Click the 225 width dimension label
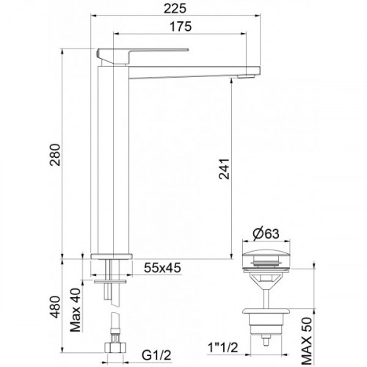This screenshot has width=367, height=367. coord(175,9)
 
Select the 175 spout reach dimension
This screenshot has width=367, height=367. coord(181,26)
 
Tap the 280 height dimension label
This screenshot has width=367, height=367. coord(55,155)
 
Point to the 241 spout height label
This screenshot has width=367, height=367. coord(224,169)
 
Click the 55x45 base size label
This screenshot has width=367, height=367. coord(162,268)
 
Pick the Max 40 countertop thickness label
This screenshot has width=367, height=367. coord(76,310)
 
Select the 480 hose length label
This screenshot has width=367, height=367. coord(55,307)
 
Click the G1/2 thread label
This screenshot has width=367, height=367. coord(156,355)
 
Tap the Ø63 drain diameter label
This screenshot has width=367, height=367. coord(266,234)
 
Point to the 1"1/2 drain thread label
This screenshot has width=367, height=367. coord(222,347)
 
